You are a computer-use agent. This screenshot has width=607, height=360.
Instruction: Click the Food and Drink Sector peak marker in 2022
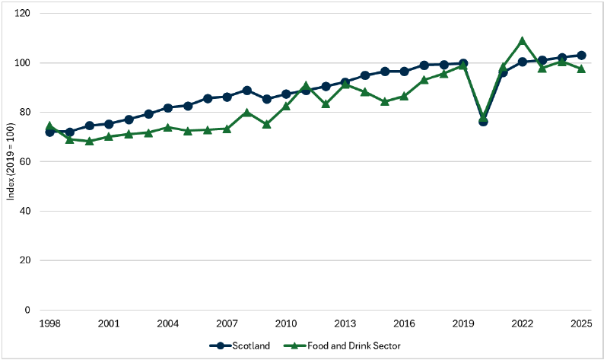(x=522, y=41)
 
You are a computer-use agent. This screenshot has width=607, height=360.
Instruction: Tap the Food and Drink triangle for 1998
(x=50, y=126)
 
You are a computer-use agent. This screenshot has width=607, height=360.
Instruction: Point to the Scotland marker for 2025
(x=581, y=56)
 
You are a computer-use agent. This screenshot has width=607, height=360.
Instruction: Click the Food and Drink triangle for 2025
(x=581, y=68)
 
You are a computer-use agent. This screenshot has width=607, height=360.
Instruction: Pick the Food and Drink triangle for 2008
(x=246, y=113)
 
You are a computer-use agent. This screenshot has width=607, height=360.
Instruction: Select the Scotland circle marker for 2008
(x=246, y=91)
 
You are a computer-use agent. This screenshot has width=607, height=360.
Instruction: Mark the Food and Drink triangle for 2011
(x=306, y=86)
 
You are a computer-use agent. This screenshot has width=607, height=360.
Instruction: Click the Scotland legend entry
(x=242, y=346)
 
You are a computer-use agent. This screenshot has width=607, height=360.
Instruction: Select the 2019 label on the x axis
(x=463, y=323)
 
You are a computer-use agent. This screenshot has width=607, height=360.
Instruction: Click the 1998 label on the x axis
(x=50, y=323)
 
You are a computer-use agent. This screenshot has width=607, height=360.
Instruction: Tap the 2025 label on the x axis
(x=581, y=323)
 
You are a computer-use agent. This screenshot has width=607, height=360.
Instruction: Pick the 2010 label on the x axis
(x=286, y=323)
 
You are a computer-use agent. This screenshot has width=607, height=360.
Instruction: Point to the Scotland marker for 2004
(x=168, y=108)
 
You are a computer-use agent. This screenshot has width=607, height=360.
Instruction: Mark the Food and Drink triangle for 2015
(x=385, y=101)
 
